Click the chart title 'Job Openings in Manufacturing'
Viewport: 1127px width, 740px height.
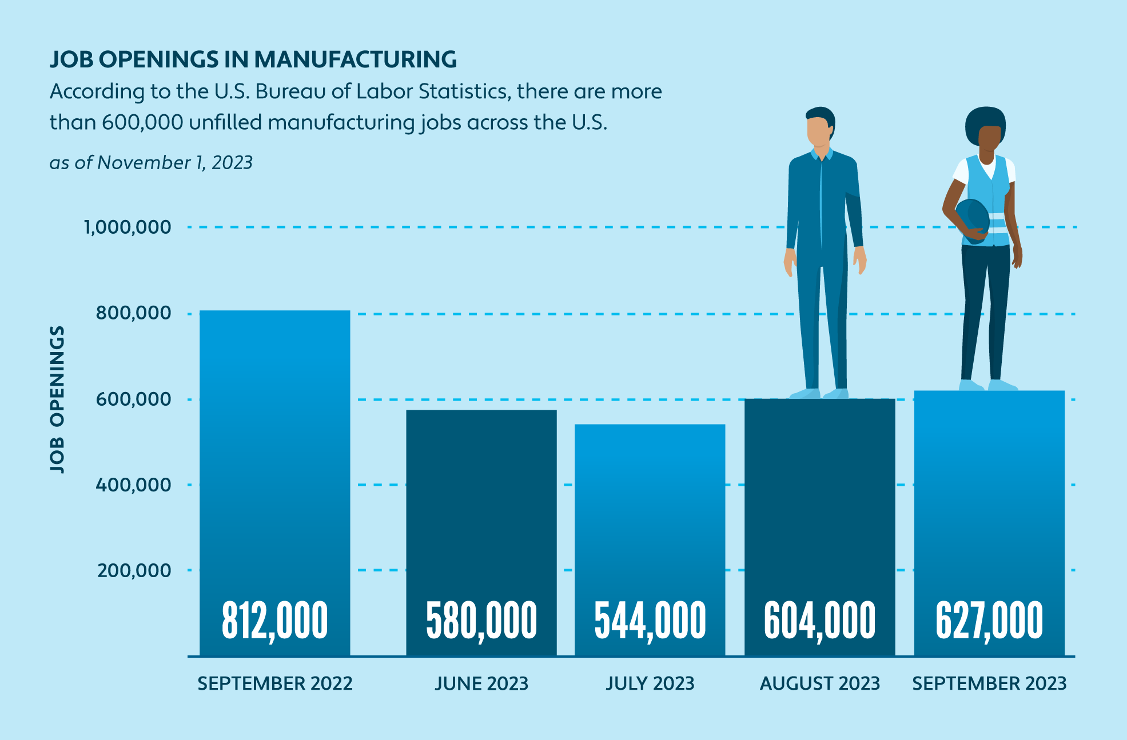point(253,59)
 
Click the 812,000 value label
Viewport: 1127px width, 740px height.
point(274,621)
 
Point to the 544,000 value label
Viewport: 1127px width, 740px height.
point(650,621)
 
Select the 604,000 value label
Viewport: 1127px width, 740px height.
point(819,621)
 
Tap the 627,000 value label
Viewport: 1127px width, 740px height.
point(989,621)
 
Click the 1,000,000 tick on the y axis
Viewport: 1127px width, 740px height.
point(128,227)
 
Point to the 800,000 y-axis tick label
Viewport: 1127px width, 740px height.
point(133,313)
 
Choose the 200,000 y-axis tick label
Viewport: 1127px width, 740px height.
point(134,570)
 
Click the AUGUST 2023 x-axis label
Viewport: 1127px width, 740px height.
point(819,683)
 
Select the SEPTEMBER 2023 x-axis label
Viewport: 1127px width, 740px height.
point(989,683)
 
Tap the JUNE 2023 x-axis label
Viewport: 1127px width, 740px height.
point(481,683)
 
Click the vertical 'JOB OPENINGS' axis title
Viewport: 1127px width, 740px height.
point(57,399)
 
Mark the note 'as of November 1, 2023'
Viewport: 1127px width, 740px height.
point(151,163)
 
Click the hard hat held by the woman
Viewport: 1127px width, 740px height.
point(972,220)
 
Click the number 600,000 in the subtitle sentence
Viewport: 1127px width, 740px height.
point(142,122)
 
